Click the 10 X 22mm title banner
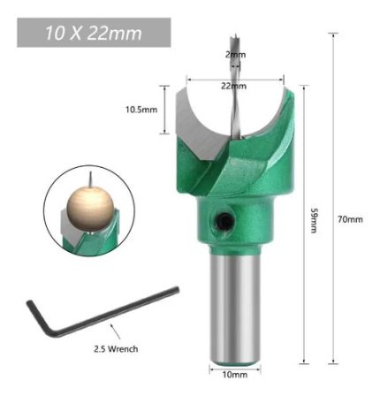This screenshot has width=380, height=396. pos(94,33)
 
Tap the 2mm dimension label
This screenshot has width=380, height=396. pos(235,55)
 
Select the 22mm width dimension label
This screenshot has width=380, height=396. pos(233,86)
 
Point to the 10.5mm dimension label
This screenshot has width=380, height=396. pos(141,110)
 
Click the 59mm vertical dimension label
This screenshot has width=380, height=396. pos(315,221)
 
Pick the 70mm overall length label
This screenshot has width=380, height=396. pos(350,219)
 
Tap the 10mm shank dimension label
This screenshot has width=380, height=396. pos(235,375)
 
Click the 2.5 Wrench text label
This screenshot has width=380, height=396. pos(116,349)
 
